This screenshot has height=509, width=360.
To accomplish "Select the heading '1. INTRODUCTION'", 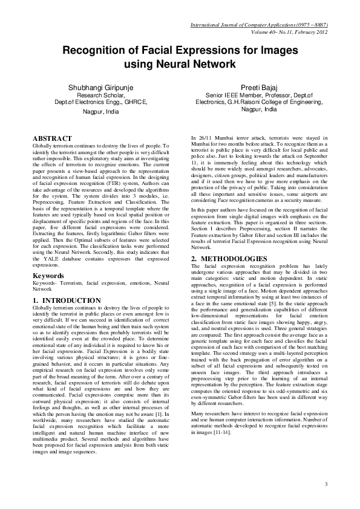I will pos(67,300).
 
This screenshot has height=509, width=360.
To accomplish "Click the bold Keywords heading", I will pos(48,276).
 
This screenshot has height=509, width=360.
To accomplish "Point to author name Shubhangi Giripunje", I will pos(100,88).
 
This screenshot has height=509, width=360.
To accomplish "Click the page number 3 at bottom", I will pos(326,484).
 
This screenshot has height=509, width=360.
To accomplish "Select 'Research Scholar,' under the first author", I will pos(100,96).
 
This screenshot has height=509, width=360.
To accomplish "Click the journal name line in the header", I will pos(258,25).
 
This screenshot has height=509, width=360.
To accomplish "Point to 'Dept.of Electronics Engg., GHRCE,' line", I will pos(100,102).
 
